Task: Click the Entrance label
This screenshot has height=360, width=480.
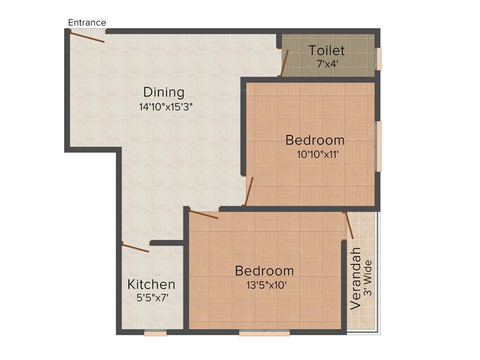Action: point(87,22)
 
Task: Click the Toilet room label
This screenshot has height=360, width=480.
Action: point(327,50)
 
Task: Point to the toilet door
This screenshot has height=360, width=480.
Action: point(284,63)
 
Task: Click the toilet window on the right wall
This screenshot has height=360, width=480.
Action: point(379,59)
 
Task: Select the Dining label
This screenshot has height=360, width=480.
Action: point(164,92)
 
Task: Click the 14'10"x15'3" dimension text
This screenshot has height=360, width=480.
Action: point(166,106)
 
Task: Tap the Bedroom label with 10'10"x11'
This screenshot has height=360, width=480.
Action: point(315,140)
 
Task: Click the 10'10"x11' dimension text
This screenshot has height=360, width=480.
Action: point(317,154)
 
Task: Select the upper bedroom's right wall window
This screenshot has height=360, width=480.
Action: point(379,146)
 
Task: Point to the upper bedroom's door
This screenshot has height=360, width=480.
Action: point(249,191)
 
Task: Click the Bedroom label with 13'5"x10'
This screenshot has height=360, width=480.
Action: point(264,270)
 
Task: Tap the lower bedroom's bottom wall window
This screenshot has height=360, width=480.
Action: point(264,333)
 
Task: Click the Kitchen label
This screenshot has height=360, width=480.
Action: point(151,284)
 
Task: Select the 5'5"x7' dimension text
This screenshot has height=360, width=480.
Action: point(151,297)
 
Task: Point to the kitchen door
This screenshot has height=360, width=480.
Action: point(135,247)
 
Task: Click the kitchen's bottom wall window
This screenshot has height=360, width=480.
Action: point(155,333)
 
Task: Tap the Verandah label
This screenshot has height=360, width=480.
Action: point(356,278)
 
